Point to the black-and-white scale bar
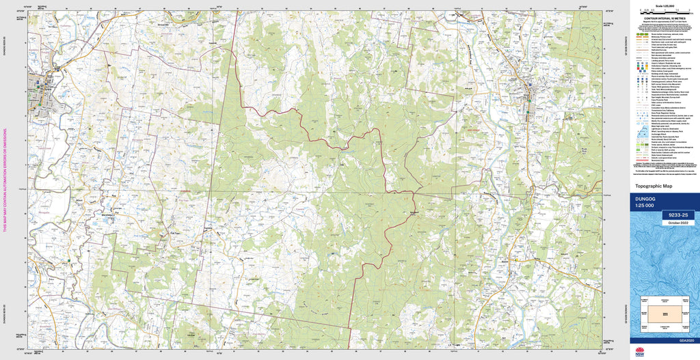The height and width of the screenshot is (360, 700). point(664,10)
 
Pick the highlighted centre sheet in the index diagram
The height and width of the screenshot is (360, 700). point(664,312)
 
